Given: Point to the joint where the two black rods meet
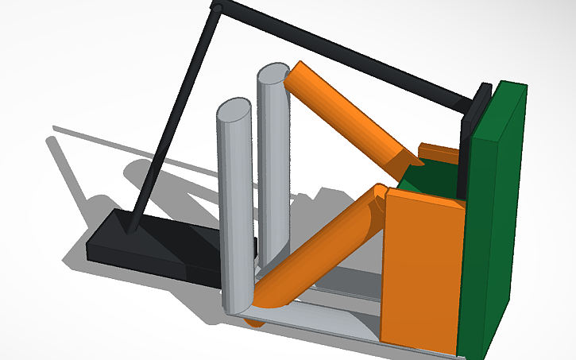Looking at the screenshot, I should pyautogui.click(x=215, y=7).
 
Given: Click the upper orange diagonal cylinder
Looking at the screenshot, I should pyautogui.click(x=350, y=111).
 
